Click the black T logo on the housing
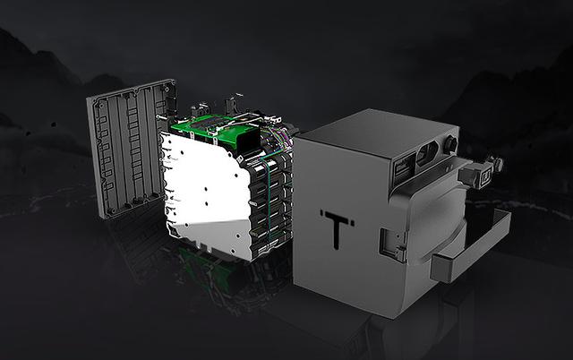(x=337, y=229)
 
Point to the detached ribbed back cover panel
(x=131, y=148)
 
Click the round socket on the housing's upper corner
(x=450, y=143)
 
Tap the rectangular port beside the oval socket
(x=404, y=169)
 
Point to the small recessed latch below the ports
(x=393, y=244)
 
